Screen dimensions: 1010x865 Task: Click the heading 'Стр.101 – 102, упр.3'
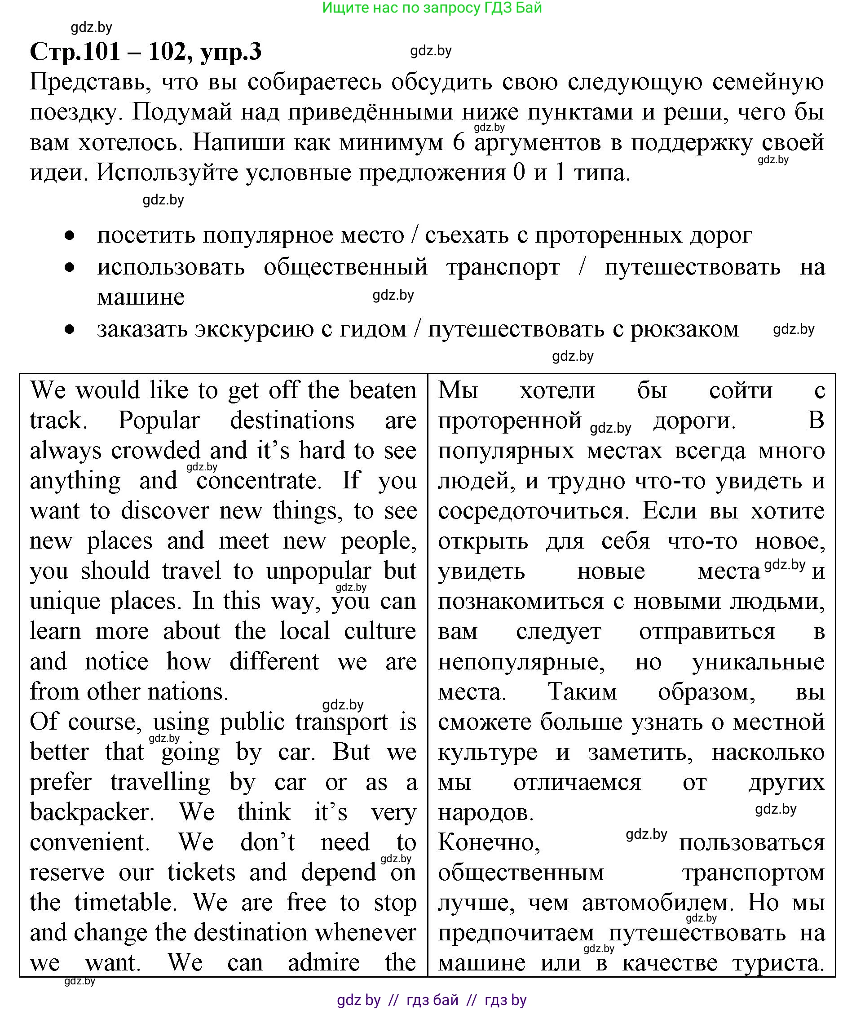(x=145, y=51)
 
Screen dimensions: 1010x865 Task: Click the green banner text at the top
(x=432, y=8)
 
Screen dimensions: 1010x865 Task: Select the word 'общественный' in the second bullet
(x=345, y=267)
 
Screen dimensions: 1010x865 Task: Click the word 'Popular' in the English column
(x=159, y=421)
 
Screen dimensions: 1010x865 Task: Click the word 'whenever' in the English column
(x=365, y=932)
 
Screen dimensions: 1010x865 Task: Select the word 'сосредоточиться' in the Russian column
(x=532, y=511)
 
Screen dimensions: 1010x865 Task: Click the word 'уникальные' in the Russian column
(x=758, y=662)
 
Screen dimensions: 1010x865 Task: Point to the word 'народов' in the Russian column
(x=485, y=812)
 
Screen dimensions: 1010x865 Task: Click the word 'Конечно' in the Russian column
(x=488, y=842)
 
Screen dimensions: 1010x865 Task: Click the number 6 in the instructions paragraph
(x=458, y=143)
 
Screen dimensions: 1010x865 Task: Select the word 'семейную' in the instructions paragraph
(x=768, y=82)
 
